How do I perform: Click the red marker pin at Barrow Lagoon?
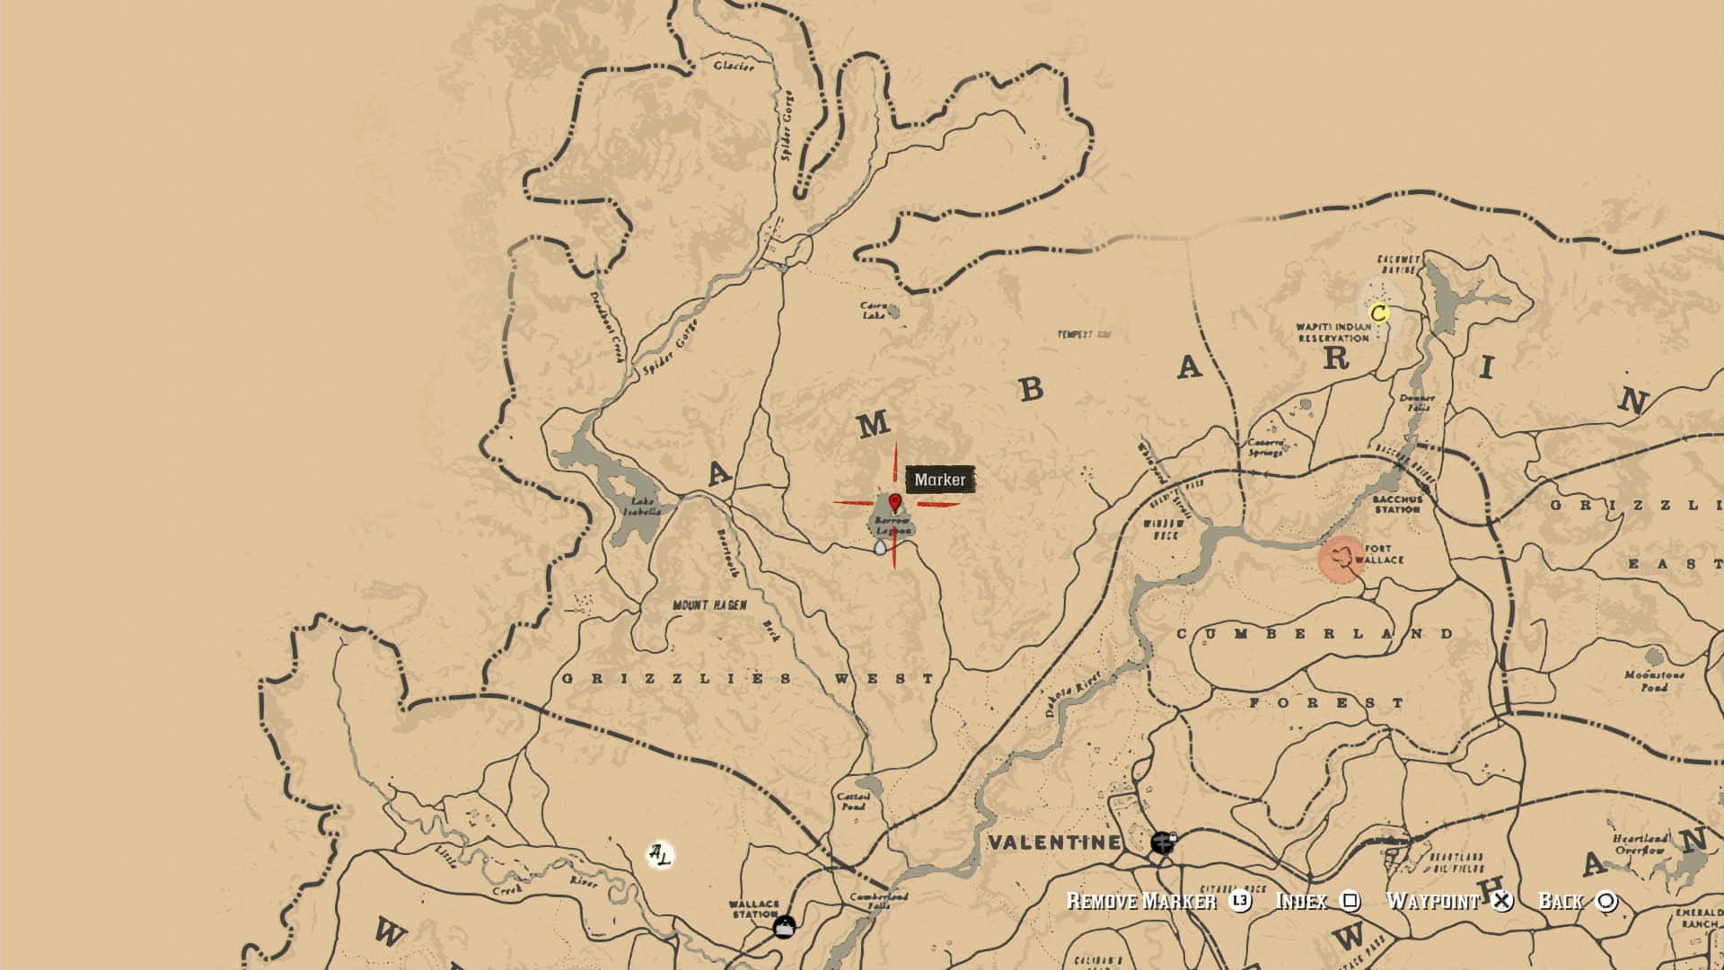tap(894, 502)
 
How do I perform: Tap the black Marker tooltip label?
tap(940, 480)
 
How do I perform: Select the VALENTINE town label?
tap(1054, 842)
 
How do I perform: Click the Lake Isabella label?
tap(642, 507)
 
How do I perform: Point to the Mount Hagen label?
tap(709, 605)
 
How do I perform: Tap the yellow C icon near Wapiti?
tap(1379, 313)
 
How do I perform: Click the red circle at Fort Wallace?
tap(1341, 559)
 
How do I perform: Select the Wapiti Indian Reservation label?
tap(1333, 332)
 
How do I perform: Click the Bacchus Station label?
tap(1397, 504)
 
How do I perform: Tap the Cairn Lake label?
tap(874, 311)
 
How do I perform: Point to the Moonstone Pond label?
tap(1654, 681)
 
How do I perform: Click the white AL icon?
tap(660, 854)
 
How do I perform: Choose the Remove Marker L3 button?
tap(1240, 901)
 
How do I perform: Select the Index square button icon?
tap(1350, 901)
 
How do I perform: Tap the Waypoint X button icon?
tap(1501, 901)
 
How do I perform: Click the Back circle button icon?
tap(1606, 901)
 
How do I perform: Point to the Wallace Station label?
tap(753, 909)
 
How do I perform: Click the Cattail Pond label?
tap(853, 801)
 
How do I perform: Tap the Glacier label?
tap(734, 66)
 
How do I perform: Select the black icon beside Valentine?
tap(1163, 842)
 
